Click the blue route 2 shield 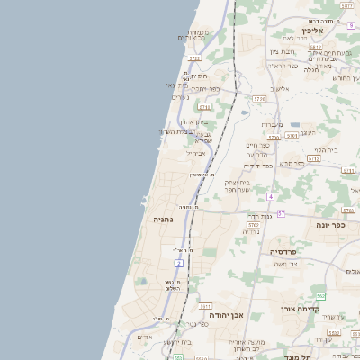pyautogui.click(x=179, y=263)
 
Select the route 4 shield pyautogui.click(x=270, y=196)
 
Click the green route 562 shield pyautogui.click(x=320, y=296)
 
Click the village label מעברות pyautogui.click(x=272, y=124)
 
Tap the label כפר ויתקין pyautogui.click(x=212, y=88)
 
